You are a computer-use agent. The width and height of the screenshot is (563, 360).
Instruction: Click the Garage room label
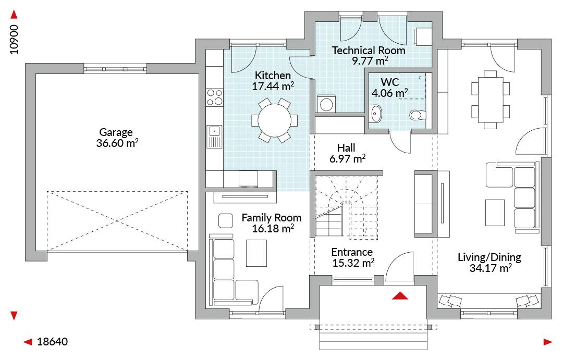click(116, 132)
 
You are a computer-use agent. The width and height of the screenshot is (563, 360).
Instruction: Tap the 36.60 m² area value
click(117, 143)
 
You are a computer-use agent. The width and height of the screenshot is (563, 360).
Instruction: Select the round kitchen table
click(275, 120)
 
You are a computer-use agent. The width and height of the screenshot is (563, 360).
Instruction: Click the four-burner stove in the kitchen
click(214, 97)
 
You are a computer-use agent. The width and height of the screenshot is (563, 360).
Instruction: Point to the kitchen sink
click(214, 136)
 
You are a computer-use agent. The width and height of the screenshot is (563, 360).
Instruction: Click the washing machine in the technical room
click(326, 104)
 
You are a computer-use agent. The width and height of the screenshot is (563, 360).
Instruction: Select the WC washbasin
click(375, 114)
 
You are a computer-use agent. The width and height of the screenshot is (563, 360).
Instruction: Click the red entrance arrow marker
click(400, 296)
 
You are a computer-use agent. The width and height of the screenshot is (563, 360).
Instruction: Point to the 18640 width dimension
click(53, 342)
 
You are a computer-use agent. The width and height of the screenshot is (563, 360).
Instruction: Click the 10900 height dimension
click(14, 40)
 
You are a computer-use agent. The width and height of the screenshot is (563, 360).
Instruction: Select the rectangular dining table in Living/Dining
click(490, 100)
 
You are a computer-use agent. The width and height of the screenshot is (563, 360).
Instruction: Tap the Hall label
click(346, 148)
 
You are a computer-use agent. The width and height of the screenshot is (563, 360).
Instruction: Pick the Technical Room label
click(369, 51)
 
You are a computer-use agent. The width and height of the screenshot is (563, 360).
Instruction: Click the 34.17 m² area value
click(491, 268)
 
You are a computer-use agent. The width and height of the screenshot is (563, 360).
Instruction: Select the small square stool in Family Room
click(226, 220)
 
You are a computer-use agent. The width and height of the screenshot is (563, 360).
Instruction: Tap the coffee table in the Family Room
click(256, 253)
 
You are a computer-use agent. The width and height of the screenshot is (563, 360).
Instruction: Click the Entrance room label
click(352, 252)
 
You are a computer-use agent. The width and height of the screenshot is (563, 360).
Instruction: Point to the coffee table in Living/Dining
click(495, 213)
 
